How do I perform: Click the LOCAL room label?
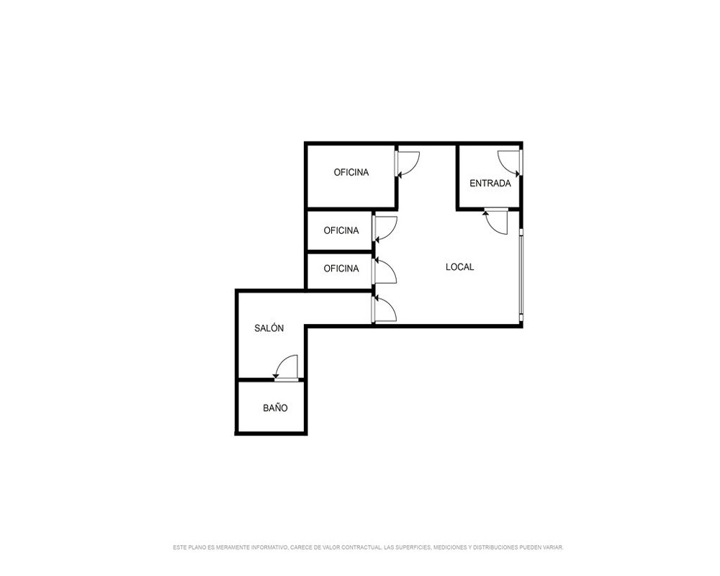tap(459, 267)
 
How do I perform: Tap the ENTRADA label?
tap(490, 184)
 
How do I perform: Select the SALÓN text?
tap(269, 328)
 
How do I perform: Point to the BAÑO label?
tap(276, 408)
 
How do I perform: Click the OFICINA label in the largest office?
tap(351, 172)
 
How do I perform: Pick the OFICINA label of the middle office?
tap(341, 230)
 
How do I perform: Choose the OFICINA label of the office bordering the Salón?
tap(341, 269)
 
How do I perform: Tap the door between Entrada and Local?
tap(496, 222)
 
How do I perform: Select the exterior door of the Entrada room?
tap(510, 163)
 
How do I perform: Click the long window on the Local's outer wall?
tap(521, 274)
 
